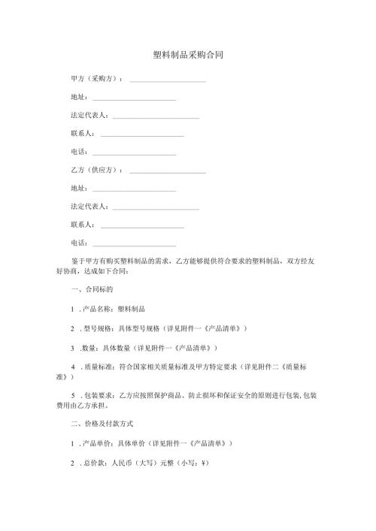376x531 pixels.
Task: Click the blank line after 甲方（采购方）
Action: click(x=168, y=80)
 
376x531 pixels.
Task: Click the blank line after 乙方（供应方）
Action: click(x=168, y=172)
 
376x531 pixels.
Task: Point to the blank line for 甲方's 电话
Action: click(x=134, y=153)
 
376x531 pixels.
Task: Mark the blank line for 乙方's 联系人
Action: click(x=142, y=226)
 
